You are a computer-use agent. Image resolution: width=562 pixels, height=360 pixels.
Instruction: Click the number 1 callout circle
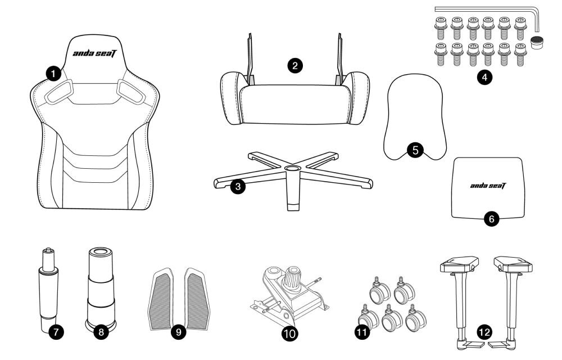click(53, 74)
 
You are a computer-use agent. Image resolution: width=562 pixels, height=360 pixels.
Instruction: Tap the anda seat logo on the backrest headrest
click(94, 53)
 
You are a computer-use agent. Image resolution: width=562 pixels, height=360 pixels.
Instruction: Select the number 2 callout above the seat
click(295, 66)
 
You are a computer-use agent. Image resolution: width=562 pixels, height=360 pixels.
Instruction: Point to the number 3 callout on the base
click(238, 186)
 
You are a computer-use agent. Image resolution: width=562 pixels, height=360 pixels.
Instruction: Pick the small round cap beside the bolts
click(537, 42)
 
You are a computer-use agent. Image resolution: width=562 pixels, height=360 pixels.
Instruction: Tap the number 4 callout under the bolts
click(484, 76)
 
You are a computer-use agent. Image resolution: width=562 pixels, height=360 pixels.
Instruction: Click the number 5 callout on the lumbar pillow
click(415, 150)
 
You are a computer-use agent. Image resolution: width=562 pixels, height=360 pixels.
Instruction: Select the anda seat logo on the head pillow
click(488, 186)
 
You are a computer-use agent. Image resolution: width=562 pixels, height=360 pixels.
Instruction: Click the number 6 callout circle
click(491, 219)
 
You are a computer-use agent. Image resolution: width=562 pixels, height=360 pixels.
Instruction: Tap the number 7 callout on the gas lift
click(56, 332)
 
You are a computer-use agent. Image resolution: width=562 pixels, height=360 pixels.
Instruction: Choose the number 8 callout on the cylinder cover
click(101, 332)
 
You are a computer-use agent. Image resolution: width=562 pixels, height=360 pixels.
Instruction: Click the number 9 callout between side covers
click(179, 332)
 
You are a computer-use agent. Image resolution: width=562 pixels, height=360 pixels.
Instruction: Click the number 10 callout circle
click(289, 334)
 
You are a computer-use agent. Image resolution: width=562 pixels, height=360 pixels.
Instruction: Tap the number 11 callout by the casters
click(362, 332)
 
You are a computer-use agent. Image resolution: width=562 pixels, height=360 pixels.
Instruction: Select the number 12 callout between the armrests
click(484, 332)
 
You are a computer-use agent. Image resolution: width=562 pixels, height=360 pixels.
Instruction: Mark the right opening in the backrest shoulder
click(131, 92)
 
